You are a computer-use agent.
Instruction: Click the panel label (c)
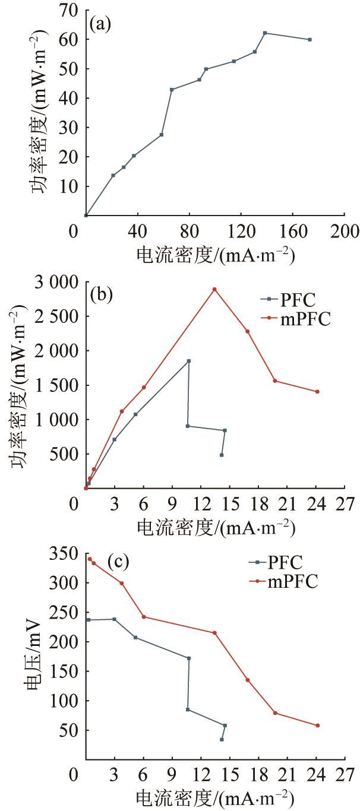point(118,560)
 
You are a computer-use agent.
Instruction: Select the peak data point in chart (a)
point(265,33)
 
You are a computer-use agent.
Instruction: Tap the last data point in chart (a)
point(310,40)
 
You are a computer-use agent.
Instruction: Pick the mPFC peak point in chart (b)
point(214,289)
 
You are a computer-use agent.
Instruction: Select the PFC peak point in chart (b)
point(189,361)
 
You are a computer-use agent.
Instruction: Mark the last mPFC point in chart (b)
point(317,391)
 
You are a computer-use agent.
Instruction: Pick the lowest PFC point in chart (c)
point(222,739)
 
